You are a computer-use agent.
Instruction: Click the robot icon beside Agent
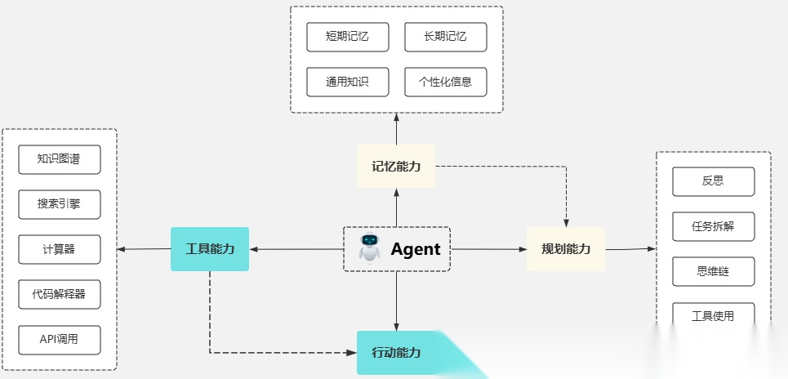(x=370, y=248)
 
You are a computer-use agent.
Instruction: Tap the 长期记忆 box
(x=445, y=37)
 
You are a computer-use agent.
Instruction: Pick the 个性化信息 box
(x=445, y=82)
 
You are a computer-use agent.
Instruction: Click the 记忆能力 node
(x=396, y=166)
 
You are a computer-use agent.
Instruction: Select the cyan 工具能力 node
(x=210, y=249)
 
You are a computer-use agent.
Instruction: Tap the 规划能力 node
(x=566, y=249)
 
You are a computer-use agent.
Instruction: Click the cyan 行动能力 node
(x=396, y=353)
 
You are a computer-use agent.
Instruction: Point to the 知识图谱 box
(x=59, y=159)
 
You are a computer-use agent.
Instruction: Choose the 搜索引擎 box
(x=59, y=204)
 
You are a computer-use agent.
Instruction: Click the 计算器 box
(x=59, y=249)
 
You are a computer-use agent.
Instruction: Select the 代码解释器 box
(x=59, y=294)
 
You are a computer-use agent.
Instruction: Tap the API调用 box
(x=59, y=339)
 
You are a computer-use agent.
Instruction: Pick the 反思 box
(x=713, y=181)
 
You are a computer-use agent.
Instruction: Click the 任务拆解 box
(x=713, y=226)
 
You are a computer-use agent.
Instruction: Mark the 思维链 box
(x=713, y=271)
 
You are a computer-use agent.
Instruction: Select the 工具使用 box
(x=713, y=315)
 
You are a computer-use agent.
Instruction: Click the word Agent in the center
(x=415, y=249)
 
